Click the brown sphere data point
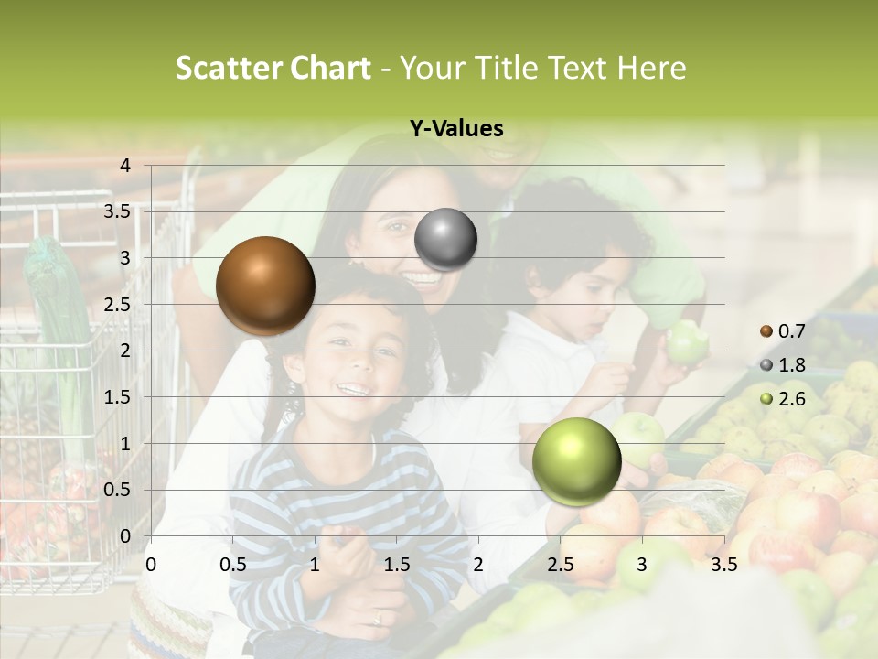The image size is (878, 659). pyautogui.click(x=265, y=285)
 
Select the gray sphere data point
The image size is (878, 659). pyautogui.click(x=445, y=239)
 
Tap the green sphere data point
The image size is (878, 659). pyautogui.click(x=576, y=461)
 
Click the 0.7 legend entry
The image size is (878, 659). pyautogui.click(x=783, y=330)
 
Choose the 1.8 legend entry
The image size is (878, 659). pyautogui.click(x=783, y=365)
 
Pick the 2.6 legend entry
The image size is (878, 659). pyautogui.click(x=783, y=398)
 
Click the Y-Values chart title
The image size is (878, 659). pyautogui.click(x=456, y=129)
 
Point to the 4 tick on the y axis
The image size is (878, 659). pyautogui.click(x=125, y=166)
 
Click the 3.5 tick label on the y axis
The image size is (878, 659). pyautogui.click(x=117, y=211)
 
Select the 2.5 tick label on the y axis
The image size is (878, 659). pyautogui.click(x=117, y=304)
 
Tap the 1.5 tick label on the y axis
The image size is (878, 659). pyautogui.click(x=117, y=397)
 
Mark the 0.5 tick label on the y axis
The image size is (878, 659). pyautogui.click(x=117, y=490)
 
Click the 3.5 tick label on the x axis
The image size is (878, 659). pyautogui.click(x=723, y=565)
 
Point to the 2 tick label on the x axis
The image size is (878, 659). pyautogui.click(x=477, y=565)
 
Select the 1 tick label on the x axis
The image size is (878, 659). pyautogui.click(x=315, y=565)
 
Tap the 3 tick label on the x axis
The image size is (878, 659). pyautogui.click(x=641, y=565)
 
